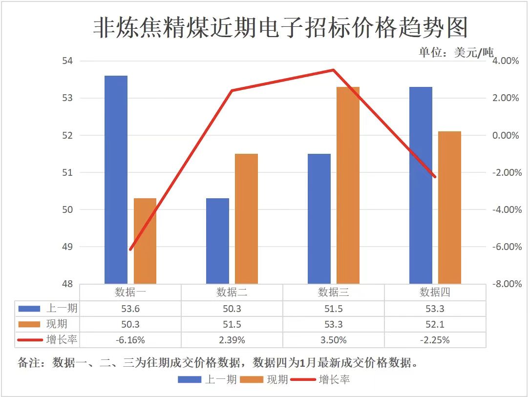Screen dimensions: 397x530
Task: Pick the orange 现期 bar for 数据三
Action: point(348,185)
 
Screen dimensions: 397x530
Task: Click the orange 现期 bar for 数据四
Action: point(449,207)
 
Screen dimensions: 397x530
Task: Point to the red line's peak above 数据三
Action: point(333,70)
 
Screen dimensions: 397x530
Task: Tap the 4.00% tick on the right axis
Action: point(506,61)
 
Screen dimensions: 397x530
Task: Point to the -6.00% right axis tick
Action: point(506,247)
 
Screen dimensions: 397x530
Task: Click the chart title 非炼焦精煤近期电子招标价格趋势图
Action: point(280,28)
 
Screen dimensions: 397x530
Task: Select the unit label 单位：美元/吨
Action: point(456,52)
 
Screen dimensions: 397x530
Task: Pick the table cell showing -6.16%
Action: point(130,340)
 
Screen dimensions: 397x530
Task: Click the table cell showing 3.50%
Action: point(333,340)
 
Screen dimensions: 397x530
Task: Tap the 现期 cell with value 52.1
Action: point(435,324)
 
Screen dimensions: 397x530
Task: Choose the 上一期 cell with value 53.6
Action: point(130,309)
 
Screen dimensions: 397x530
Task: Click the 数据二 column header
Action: point(232,293)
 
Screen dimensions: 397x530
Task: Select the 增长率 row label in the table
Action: point(62,339)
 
